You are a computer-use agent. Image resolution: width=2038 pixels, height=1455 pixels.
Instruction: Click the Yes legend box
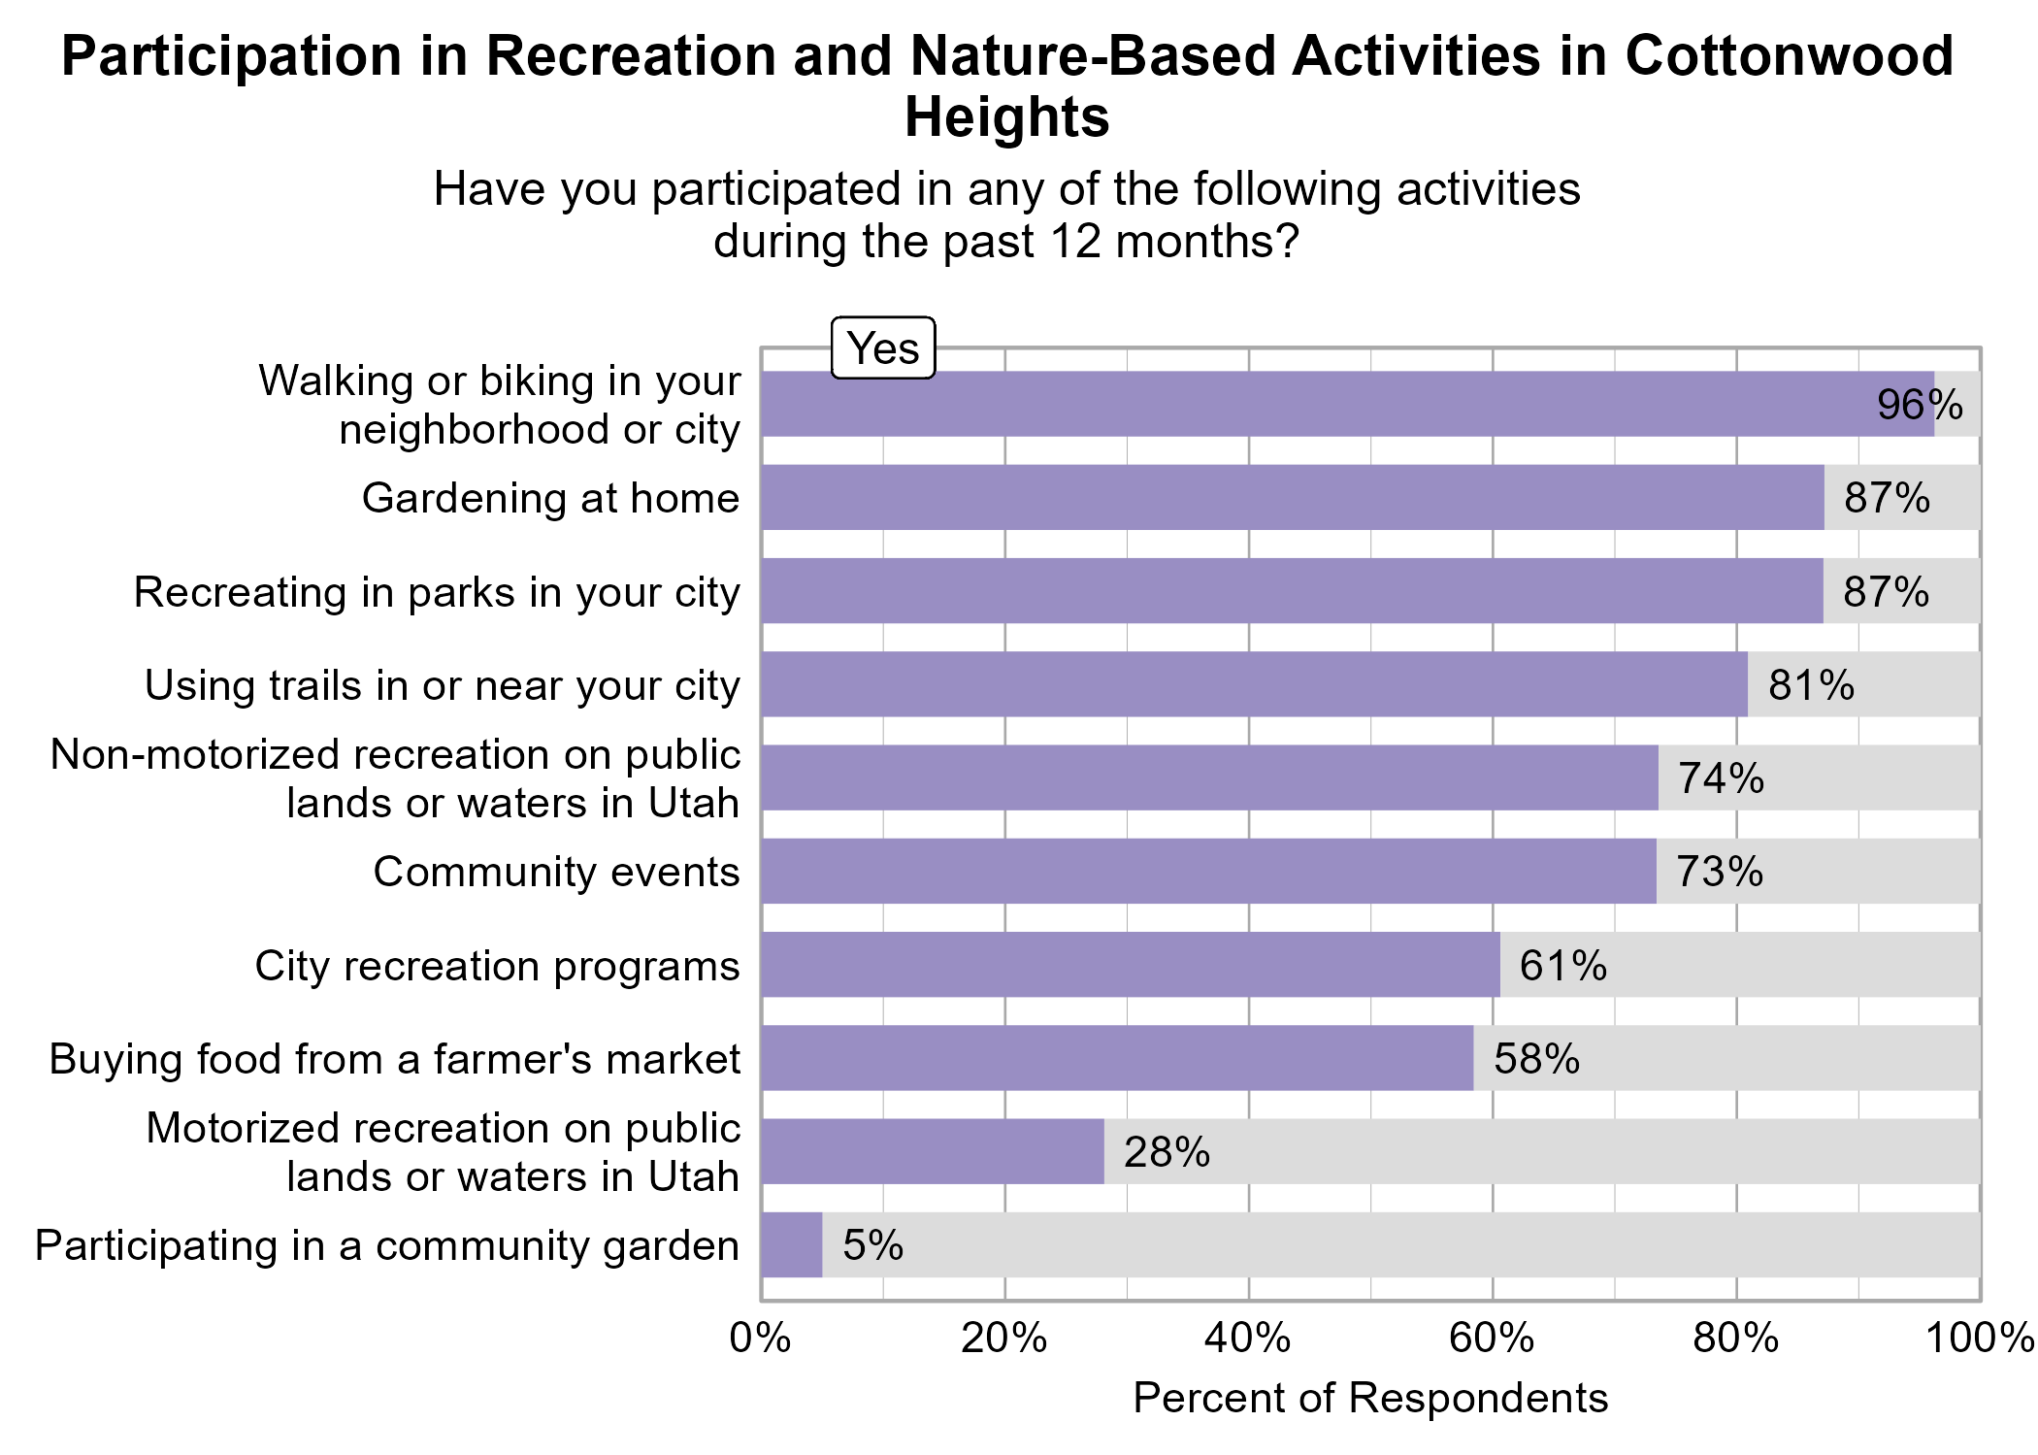pos(883,347)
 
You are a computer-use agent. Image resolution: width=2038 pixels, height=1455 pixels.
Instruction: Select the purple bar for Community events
pos(1208,872)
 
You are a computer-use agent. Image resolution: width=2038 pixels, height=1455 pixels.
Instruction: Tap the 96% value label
pos(1920,405)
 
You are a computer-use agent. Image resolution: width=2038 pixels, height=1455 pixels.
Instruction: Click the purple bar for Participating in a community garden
pos(792,1245)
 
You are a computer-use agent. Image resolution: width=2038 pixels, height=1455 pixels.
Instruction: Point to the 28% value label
pos(1167,1152)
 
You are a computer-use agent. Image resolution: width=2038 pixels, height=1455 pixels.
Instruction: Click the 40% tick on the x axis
pos(1248,1339)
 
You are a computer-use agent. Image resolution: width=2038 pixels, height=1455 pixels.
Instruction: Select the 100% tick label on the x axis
pos(1980,1339)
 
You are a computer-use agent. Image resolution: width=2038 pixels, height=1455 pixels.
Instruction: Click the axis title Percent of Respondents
pos(1370,1399)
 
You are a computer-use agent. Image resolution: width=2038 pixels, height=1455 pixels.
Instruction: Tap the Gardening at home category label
pos(550,498)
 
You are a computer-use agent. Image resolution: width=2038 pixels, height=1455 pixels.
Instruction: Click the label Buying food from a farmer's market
pos(395,1059)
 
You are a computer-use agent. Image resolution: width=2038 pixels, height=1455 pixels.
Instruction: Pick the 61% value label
pos(1562,966)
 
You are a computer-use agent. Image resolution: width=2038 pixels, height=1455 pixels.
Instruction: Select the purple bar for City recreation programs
pos(1131,965)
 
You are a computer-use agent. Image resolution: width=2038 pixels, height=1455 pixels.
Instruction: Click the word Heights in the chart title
pos(1006,117)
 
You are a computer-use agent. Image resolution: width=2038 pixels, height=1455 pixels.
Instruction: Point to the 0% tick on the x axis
pos(761,1339)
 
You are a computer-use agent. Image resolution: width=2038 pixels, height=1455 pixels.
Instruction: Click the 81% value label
pos(1811,685)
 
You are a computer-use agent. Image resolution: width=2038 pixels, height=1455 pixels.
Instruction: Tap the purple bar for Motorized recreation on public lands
pos(933,1152)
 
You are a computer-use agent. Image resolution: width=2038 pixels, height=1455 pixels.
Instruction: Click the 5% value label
pos(872,1245)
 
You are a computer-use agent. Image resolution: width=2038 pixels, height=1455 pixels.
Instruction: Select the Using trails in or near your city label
pos(443,685)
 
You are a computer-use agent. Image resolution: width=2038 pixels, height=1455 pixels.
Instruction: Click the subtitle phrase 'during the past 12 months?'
pos(1006,241)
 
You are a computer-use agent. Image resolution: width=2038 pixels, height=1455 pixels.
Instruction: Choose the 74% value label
pos(1721,778)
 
